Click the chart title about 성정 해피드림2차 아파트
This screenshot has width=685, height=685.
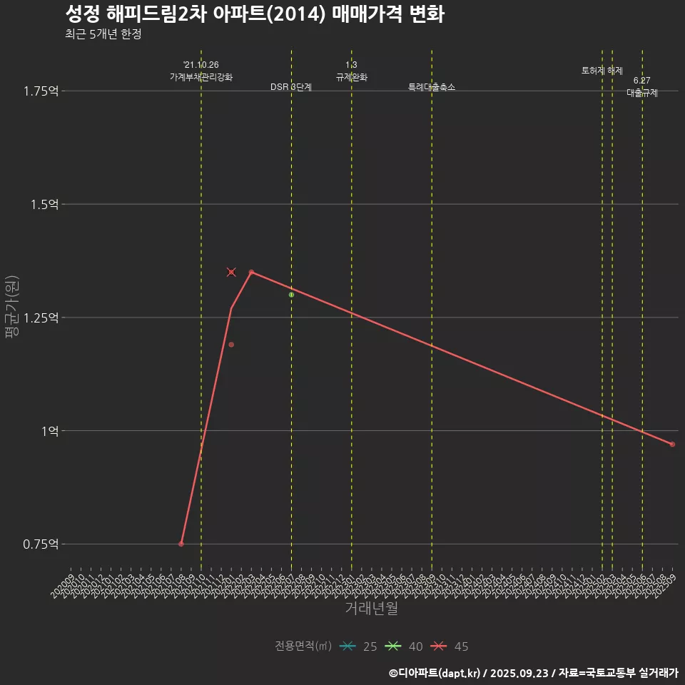coord(254,14)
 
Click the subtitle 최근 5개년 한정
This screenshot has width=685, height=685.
coord(103,34)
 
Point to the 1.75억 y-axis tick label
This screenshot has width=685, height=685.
coord(41,91)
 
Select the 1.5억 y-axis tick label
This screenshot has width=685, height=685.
coord(44,204)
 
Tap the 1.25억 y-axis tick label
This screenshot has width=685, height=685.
coord(41,318)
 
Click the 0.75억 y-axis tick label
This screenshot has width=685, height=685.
coord(41,544)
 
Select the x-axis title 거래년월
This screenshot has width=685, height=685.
coord(371,608)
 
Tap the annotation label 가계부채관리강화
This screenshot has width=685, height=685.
coord(201,76)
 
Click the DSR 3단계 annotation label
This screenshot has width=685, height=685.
coord(291,87)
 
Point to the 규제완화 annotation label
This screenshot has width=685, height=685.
coord(351,76)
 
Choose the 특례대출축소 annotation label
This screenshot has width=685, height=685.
coord(432,87)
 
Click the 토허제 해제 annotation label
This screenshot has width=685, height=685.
coord(602,71)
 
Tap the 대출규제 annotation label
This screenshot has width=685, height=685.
coord(642,93)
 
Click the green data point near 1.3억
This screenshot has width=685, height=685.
coord(291,295)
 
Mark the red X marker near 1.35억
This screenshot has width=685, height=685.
coord(231,272)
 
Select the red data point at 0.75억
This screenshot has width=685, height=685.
coord(181,544)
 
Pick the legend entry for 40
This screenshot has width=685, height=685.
coord(404,646)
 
